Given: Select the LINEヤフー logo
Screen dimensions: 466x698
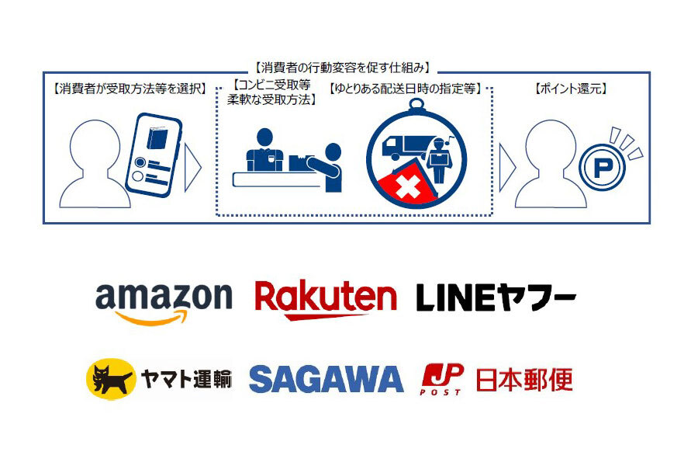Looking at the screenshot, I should (x=496, y=297).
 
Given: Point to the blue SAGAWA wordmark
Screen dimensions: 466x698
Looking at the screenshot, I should (x=326, y=379).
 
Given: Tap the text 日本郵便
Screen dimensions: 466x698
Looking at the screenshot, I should (x=523, y=379).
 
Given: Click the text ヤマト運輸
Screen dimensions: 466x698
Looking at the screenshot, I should (x=185, y=379).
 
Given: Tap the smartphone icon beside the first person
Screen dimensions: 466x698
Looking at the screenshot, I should (x=156, y=153).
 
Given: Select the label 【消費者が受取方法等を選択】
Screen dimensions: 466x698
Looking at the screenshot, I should (x=130, y=89).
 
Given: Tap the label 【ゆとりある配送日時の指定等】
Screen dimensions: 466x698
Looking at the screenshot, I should (x=406, y=89).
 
